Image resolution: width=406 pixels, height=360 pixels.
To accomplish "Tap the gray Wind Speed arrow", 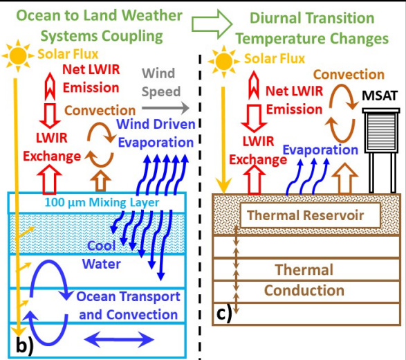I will (x=165, y=108).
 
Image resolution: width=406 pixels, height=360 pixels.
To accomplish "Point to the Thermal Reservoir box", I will (x=306, y=215).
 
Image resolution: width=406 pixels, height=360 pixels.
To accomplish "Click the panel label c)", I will (x=225, y=312).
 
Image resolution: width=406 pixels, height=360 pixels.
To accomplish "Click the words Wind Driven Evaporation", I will (x=155, y=133).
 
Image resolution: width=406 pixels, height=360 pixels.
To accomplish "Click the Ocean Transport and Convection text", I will (x=127, y=305).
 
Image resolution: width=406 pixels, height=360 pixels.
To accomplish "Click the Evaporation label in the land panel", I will (x=319, y=150).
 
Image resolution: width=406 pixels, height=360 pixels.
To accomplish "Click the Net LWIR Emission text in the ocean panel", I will (x=91, y=78).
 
